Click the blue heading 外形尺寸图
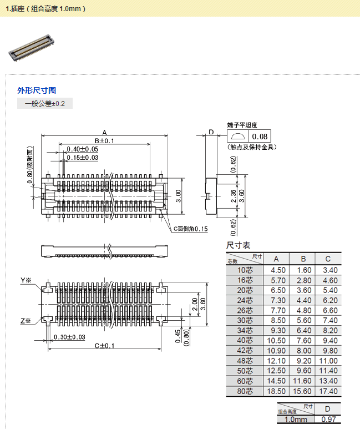pos(37,90)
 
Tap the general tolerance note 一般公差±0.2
pos(45,104)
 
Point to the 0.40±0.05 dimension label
pos(82,149)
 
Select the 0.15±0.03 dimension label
pos(82,158)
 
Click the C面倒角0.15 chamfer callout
pos(190,229)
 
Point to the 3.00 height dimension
pos(178,195)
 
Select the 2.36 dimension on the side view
pos(234,196)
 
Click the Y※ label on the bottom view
pos(26,280)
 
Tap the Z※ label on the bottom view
pos(26,321)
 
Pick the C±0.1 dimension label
pos(104,346)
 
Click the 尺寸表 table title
pos(238,245)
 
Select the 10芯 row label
pos(245,270)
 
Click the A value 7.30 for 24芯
pos(278,300)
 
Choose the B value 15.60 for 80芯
pos(302,391)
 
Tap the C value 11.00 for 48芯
pos(328,361)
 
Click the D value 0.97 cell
pos(328,420)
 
